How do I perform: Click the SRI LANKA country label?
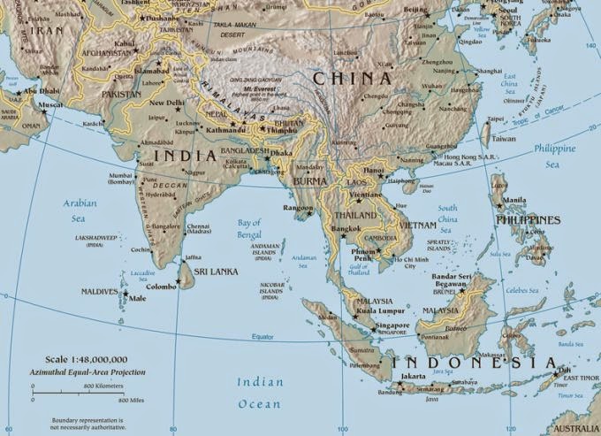(x=217, y=272)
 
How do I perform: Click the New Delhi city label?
(x=166, y=103)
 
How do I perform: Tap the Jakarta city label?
(x=414, y=376)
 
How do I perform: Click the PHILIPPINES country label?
(x=528, y=219)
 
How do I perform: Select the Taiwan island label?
(x=503, y=139)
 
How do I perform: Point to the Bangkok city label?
(x=346, y=229)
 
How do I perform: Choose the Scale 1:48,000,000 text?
(x=86, y=360)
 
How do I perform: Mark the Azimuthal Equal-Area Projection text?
(x=86, y=372)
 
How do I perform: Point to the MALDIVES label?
(x=99, y=291)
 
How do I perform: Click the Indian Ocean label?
(x=261, y=393)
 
